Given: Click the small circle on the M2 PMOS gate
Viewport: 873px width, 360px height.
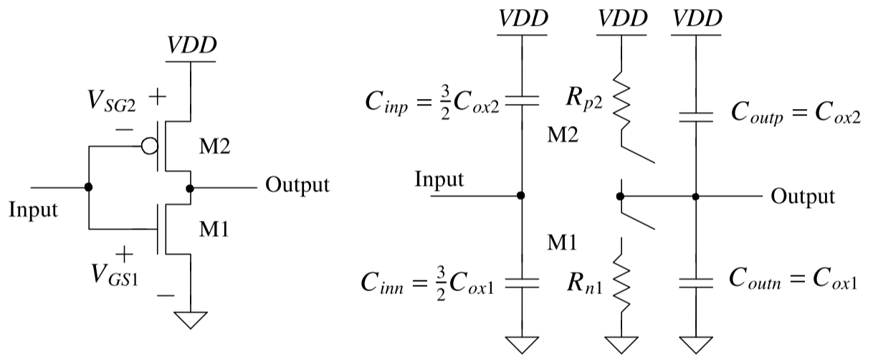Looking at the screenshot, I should coord(148,147).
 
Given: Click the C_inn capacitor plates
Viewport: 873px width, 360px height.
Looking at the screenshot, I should coord(521,282).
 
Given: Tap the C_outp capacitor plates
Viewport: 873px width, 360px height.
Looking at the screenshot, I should coord(696,115).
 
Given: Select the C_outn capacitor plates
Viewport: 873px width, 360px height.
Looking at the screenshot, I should coord(696,282).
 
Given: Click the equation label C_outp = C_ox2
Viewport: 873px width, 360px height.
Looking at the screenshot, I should coord(794,113).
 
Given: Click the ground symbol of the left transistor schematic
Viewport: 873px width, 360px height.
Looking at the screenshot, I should coord(191,318).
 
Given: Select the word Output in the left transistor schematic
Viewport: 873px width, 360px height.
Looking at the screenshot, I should coord(297,185).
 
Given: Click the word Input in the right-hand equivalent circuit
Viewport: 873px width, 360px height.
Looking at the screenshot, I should coord(439,179).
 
